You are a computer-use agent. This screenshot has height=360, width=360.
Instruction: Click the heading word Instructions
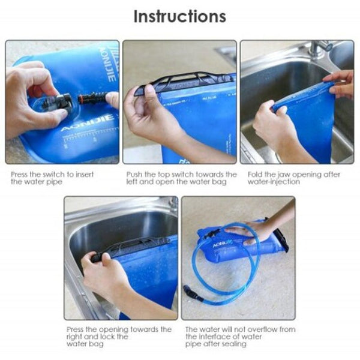coord(179,16)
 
